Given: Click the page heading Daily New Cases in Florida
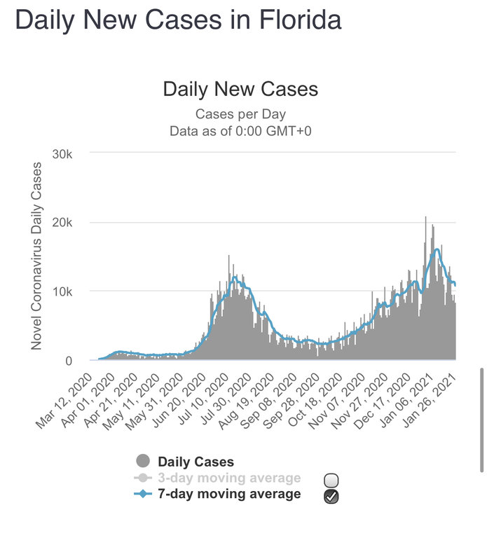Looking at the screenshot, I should click(178, 20).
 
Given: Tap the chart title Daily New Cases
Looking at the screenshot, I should click(240, 89).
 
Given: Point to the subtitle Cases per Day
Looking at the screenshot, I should click(240, 113).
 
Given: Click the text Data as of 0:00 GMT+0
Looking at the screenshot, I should click(240, 130).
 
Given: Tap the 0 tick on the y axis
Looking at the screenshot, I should click(78, 360).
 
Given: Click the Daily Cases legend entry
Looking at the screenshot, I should click(196, 462).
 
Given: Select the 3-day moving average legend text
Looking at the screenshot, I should click(229, 478).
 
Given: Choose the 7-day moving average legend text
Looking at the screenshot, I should click(229, 494).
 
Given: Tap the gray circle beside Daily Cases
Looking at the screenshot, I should click(143, 462).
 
